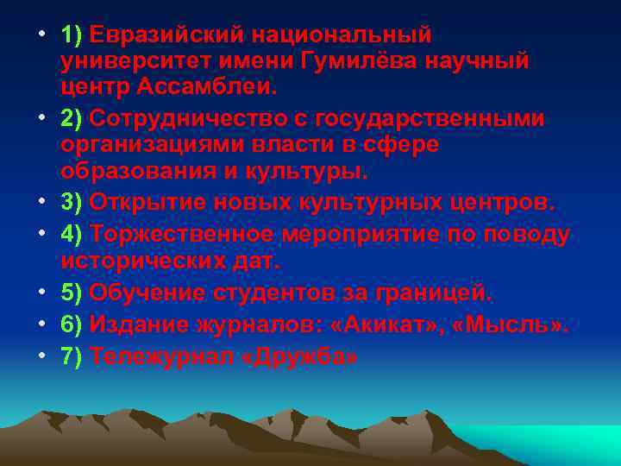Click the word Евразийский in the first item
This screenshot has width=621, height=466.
pyautogui.click(x=166, y=35)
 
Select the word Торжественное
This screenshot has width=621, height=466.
pyautogui.click(x=180, y=233)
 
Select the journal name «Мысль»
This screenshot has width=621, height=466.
pyautogui.click(x=517, y=324)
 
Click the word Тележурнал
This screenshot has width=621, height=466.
pyautogui.click(x=161, y=356)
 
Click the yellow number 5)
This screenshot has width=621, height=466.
pyautogui.click(x=71, y=293)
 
